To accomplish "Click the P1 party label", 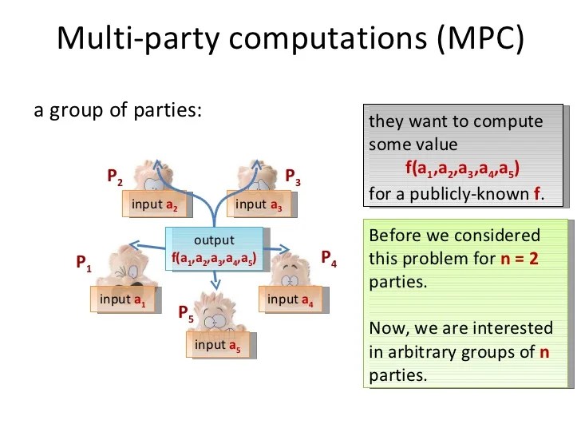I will click(x=83, y=263).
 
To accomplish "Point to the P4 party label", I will click(x=328, y=258).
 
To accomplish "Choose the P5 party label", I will click(x=185, y=313).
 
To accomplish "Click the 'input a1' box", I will click(x=122, y=300).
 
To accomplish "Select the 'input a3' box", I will click(x=259, y=204).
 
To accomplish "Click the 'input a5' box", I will click(x=217, y=345).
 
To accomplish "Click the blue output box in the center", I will click(x=214, y=249).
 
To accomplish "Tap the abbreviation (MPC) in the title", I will click(x=481, y=38).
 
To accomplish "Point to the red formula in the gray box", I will click(x=462, y=169).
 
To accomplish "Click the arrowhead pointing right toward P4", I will click(x=286, y=249).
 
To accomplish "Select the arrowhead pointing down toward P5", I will click(x=215, y=285).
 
